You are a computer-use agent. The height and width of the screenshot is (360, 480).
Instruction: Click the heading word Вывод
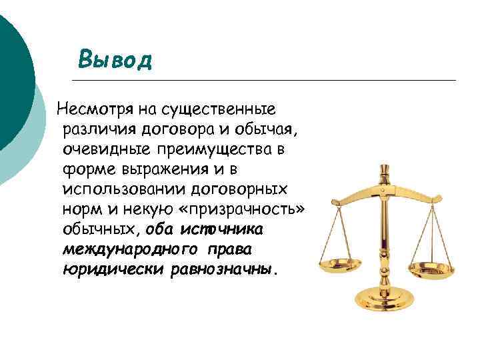tap(115, 59)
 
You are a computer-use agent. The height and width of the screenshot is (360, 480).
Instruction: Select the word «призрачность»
tap(246, 209)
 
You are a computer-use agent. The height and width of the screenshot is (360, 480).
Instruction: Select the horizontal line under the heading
tap(267, 80)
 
